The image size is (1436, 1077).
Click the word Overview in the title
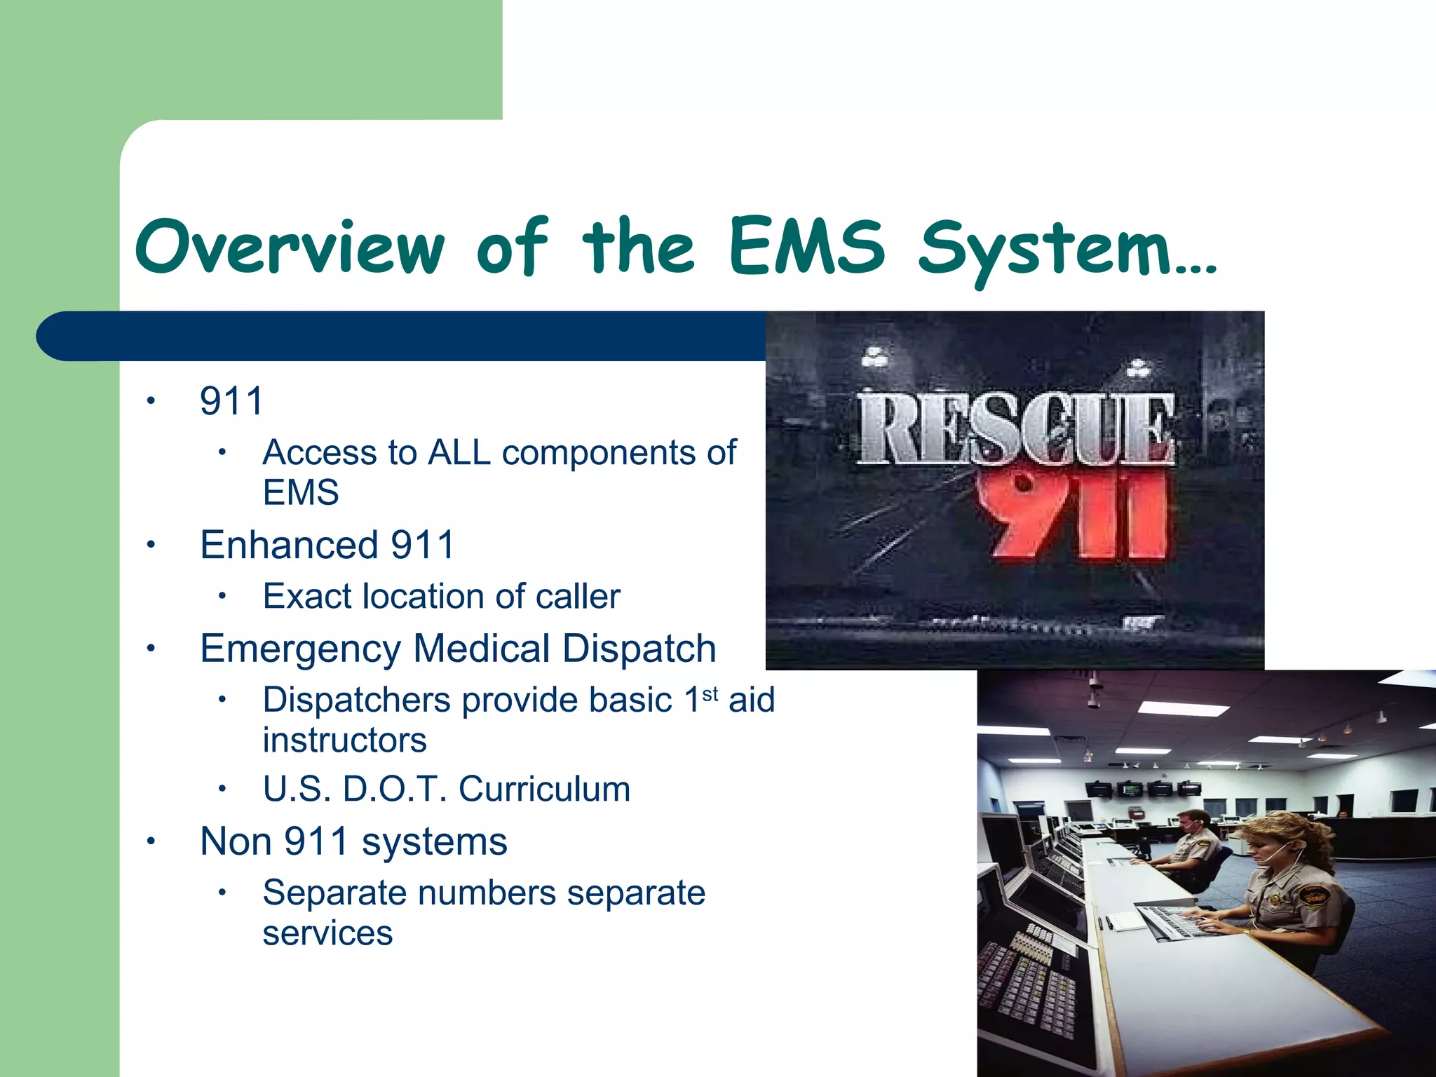coord(290,247)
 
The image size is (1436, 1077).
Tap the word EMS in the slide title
coord(806,247)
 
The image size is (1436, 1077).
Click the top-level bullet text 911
coord(231,401)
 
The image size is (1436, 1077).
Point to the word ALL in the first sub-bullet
coord(459,452)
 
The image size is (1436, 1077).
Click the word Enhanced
coord(289,545)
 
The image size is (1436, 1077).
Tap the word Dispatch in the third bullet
coord(639,649)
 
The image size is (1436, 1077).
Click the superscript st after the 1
coord(710,694)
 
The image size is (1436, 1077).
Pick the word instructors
coord(344,740)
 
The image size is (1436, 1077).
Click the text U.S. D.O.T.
coord(355,789)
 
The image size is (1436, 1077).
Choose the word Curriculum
coord(544,789)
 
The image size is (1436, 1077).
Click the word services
coord(327,933)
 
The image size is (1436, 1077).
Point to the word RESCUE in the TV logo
coord(1015,429)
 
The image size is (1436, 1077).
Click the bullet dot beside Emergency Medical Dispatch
coord(150,649)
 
